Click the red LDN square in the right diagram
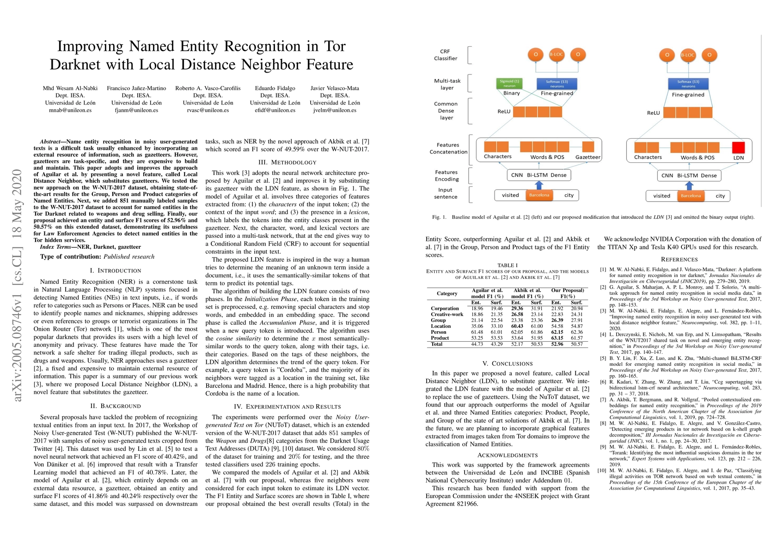[739, 147]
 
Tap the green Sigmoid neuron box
[509, 84]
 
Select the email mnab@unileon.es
[70, 111]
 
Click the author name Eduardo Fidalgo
[275, 88]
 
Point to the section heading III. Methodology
[287, 162]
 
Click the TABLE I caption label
[508, 265]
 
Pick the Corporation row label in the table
[445, 308]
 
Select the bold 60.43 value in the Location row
[517, 326]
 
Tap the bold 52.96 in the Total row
[557, 344]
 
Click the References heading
[679, 259]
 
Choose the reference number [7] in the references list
[602, 400]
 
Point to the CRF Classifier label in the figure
[445, 55]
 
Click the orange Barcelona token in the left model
[539, 195]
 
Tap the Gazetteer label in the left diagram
[588, 157]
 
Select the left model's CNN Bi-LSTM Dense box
[539, 175]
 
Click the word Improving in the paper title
[91, 46]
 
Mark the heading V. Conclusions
[508, 364]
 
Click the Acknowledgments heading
[508, 455]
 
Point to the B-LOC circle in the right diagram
[688, 55]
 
